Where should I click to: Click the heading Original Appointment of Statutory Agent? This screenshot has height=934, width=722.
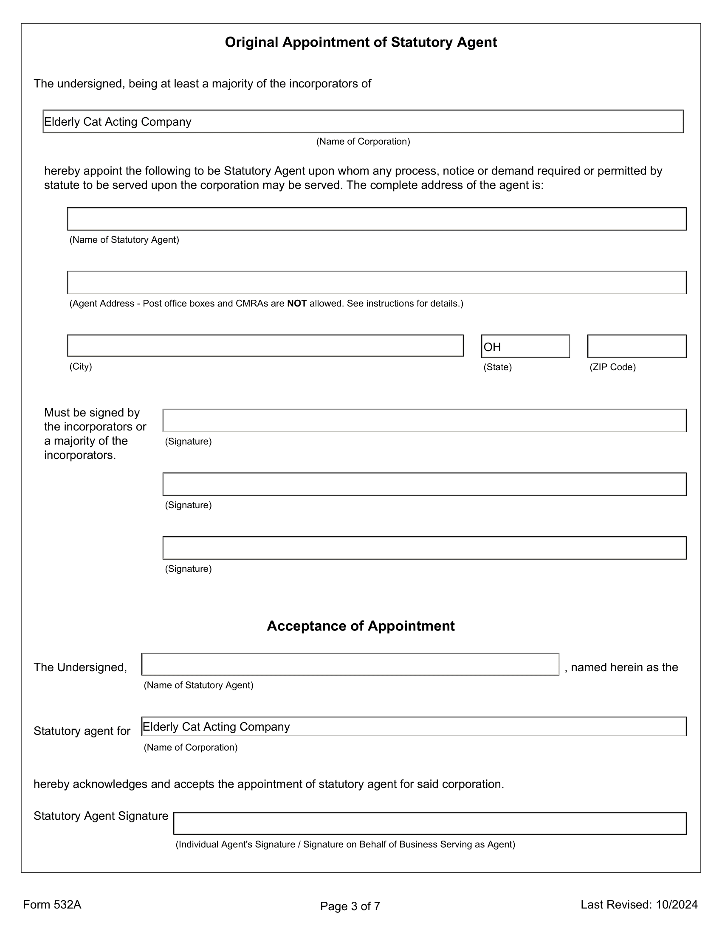361,42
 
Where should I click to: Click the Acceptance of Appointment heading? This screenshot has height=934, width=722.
361,626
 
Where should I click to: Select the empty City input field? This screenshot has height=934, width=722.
265,346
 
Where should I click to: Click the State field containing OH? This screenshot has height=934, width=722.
525,346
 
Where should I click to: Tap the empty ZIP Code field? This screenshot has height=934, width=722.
637,346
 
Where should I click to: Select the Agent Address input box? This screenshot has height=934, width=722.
376,282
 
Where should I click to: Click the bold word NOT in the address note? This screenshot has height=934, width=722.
297,304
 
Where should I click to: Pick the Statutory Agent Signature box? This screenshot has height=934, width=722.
429,823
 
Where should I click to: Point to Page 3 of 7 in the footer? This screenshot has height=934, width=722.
350,906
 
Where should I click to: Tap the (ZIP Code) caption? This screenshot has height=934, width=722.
612,367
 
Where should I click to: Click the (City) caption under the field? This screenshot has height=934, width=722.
81,366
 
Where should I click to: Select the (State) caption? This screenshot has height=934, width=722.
497,367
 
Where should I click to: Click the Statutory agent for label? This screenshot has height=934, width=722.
82,731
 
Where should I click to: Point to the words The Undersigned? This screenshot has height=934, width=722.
80,667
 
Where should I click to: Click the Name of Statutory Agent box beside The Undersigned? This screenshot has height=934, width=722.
350,664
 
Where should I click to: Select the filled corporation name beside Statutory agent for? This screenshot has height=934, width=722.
216,726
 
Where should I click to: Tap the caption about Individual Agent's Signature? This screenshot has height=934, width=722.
345,844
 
